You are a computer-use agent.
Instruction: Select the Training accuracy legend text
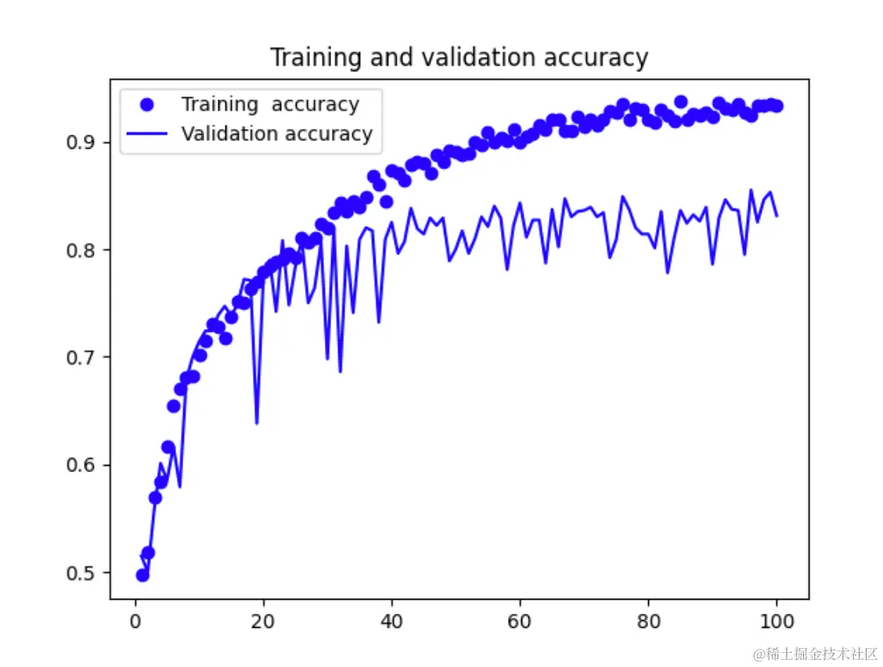tap(270, 104)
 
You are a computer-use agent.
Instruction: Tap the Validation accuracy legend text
tap(276, 134)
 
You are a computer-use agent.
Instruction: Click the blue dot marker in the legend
tap(146, 104)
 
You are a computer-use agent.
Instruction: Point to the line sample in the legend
tap(146, 134)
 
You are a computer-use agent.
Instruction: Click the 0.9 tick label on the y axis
tap(81, 142)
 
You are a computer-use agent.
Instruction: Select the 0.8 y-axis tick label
tap(81, 251)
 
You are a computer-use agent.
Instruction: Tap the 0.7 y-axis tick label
tap(81, 358)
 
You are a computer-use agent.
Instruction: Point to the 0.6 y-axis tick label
tap(81, 466)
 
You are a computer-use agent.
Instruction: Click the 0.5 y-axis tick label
tap(81, 573)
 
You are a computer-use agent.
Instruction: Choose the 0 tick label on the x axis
tap(135, 622)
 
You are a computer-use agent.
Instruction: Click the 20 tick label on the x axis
tap(264, 622)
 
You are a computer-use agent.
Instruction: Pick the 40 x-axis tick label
tap(392, 622)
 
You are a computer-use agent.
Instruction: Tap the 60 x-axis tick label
tap(520, 622)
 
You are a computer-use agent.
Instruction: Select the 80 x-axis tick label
tap(648, 622)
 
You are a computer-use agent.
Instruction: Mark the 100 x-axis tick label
tap(777, 622)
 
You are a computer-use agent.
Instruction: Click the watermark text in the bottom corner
tap(814, 654)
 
